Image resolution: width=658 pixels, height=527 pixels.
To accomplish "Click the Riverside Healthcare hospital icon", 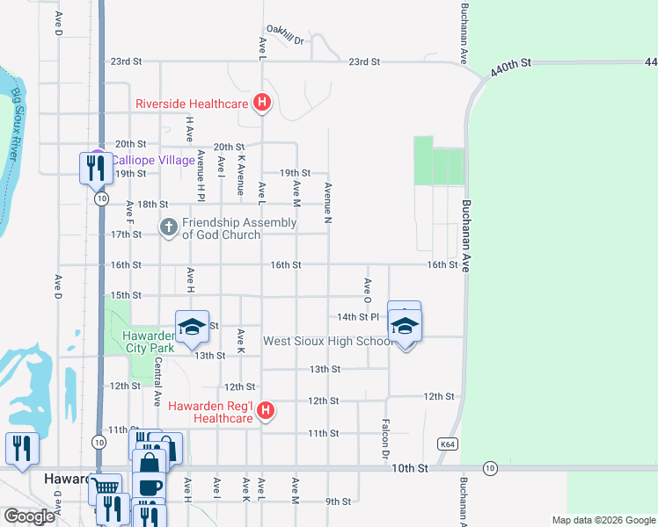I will [x=261, y=104].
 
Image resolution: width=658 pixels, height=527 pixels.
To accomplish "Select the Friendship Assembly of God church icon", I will [x=169, y=227].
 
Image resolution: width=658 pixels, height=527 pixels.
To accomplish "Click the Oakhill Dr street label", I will [x=286, y=40].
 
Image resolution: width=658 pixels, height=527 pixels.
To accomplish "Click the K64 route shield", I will [x=450, y=445].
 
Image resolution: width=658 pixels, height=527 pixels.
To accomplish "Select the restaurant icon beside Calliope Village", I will [x=94, y=167].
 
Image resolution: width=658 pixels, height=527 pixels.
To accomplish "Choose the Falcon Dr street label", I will [x=385, y=439].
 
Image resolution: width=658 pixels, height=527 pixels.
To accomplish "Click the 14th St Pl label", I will [x=357, y=316].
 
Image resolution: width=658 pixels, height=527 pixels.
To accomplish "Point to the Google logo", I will [x=29, y=516].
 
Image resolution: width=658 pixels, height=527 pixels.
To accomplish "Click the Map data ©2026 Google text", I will [x=603, y=520].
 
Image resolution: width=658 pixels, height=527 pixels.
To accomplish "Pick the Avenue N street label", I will [x=327, y=200].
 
